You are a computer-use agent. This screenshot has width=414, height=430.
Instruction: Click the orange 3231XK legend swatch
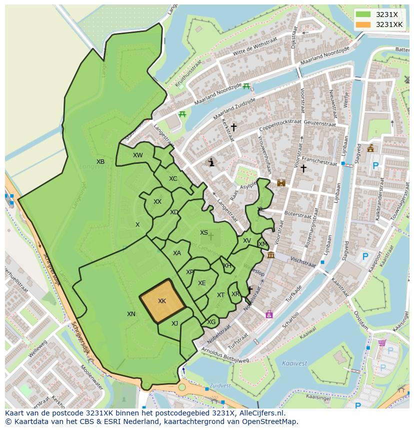[363, 24]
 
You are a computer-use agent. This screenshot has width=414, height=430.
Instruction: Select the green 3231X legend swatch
[363, 14]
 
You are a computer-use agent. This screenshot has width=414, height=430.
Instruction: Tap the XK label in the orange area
[161, 301]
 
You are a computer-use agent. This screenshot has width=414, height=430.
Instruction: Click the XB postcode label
[100, 162]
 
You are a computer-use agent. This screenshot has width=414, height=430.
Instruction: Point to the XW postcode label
[137, 155]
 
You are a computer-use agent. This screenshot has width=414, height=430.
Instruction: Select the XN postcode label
[131, 314]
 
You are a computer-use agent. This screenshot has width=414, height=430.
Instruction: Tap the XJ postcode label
[174, 324]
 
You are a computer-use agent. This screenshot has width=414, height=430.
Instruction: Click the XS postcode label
[203, 233]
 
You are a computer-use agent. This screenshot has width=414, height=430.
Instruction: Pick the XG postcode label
[211, 322]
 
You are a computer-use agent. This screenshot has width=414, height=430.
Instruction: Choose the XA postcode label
[176, 253]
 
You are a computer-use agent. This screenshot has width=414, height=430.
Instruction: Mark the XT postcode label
[220, 295]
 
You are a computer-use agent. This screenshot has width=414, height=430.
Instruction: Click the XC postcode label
[172, 179]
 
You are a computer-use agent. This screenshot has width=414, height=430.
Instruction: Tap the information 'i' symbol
[211, 162]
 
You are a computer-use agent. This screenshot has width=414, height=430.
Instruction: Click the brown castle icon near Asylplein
[281, 183]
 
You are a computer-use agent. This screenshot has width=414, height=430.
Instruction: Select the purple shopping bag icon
[269, 314]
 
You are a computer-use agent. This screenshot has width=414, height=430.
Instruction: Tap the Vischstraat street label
[302, 260]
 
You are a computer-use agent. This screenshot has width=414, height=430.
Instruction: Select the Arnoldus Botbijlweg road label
[225, 356]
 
